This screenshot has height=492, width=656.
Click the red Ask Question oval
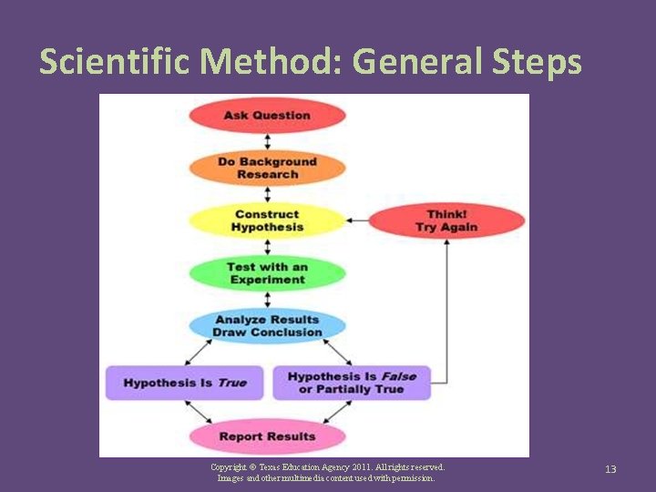(x=267, y=116)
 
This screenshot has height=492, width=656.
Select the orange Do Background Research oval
(x=267, y=168)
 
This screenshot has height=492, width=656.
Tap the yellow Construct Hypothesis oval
(x=267, y=220)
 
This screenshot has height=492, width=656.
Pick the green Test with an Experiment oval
(x=267, y=273)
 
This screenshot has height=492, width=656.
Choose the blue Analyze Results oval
(x=267, y=326)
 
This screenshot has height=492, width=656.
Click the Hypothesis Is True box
(x=184, y=383)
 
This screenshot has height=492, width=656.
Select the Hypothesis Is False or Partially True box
(x=351, y=383)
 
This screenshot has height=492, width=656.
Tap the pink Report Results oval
(x=267, y=436)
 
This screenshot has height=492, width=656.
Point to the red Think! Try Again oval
(x=446, y=220)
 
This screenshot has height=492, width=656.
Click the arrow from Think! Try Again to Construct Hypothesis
(x=357, y=220)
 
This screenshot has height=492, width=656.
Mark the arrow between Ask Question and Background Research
(x=267, y=141)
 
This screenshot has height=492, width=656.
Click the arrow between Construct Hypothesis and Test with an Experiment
(x=267, y=247)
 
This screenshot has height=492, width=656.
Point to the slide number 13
(x=610, y=469)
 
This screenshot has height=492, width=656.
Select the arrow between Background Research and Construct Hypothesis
(x=267, y=194)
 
